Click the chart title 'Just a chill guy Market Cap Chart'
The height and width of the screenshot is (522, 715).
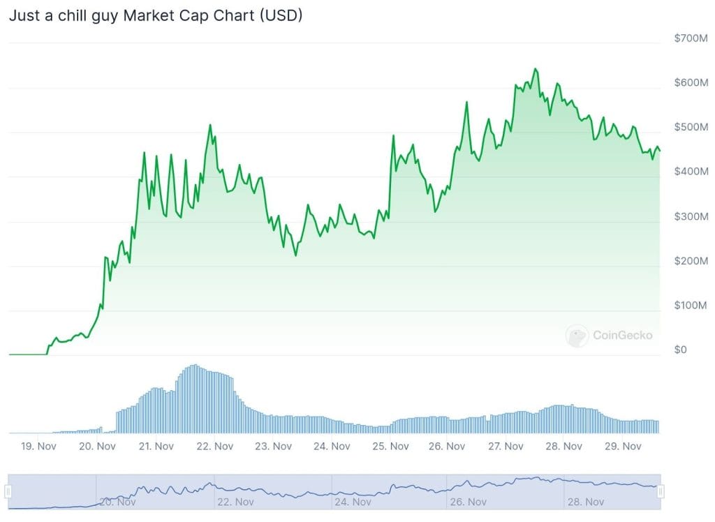pyautogui.click(x=155, y=15)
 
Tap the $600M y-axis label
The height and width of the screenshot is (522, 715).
pyautogui.click(x=691, y=82)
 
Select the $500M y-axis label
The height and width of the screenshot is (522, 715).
pyautogui.click(x=691, y=127)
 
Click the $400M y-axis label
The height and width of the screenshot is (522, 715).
pyautogui.click(x=691, y=171)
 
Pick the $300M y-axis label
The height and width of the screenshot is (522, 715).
pyautogui.click(x=691, y=216)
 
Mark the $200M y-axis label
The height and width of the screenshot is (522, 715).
pyautogui.click(x=691, y=261)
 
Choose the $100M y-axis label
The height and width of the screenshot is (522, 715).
pyautogui.click(x=691, y=305)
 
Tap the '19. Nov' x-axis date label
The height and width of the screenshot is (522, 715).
pyautogui.click(x=39, y=446)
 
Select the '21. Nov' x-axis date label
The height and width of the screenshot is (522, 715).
pyautogui.click(x=156, y=446)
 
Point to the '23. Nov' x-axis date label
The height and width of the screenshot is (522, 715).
pyautogui.click(x=272, y=446)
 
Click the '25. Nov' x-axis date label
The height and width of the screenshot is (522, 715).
pyautogui.click(x=389, y=446)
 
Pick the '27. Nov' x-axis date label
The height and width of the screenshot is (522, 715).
pyautogui.click(x=506, y=446)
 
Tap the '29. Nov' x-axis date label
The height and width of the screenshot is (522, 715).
pyautogui.click(x=622, y=446)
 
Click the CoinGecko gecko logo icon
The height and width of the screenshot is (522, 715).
pyautogui.click(x=577, y=336)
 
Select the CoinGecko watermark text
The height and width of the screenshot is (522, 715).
pyautogui.click(x=622, y=336)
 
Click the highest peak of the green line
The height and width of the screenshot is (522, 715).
pyautogui.click(x=535, y=68)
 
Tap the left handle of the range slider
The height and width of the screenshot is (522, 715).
pyautogui.click(x=8, y=491)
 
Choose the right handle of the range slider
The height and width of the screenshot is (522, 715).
pyautogui.click(x=660, y=491)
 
